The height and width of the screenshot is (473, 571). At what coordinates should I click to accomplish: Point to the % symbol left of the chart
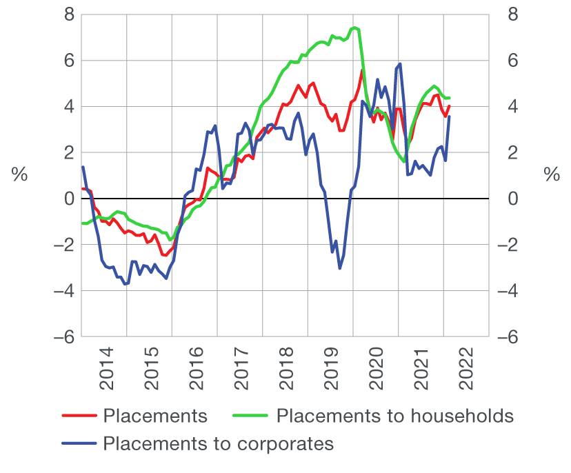point(19,175)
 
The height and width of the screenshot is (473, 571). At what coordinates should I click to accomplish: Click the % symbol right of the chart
point(552,175)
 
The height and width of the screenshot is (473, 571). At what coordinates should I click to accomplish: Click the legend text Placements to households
point(394,416)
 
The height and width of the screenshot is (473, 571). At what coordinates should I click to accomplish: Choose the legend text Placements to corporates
point(218,443)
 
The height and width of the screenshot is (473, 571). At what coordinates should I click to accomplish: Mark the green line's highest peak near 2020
point(354,28)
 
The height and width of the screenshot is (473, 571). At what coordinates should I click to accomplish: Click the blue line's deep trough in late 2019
point(340,268)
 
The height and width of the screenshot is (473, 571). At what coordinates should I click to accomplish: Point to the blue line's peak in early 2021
point(400,63)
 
